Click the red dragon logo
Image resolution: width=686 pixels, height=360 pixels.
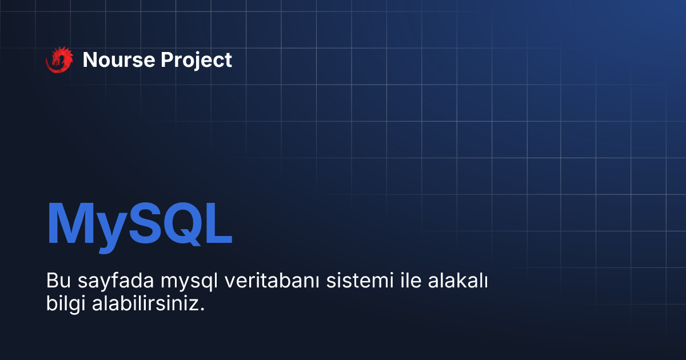coord(59,60)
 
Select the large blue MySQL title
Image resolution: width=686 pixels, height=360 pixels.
coord(139,224)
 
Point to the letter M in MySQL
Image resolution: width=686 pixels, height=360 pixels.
coord(71,224)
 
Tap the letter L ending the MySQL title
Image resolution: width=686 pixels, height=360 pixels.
coord(218,224)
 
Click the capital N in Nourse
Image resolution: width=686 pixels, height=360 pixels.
coord(90,60)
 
